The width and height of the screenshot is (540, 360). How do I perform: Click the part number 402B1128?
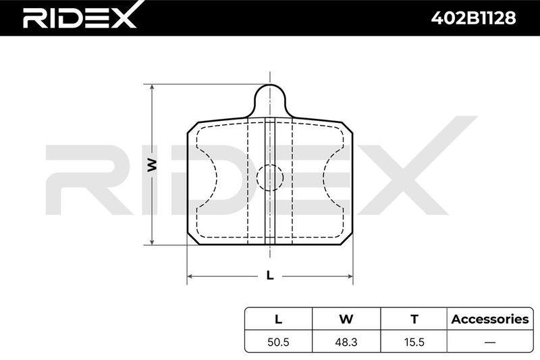[474, 18]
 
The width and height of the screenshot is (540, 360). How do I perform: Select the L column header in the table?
[278, 319]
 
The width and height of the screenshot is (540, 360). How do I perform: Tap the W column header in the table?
[346, 319]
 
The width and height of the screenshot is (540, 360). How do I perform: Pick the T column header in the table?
[414, 319]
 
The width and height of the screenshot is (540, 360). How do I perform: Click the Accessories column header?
[490, 319]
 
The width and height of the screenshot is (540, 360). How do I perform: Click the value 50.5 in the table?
[278, 342]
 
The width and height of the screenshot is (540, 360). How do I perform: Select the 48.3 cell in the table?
[346, 342]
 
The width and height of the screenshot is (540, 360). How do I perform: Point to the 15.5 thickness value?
[414, 342]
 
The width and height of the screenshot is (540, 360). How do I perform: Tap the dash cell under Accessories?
[490, 342]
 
